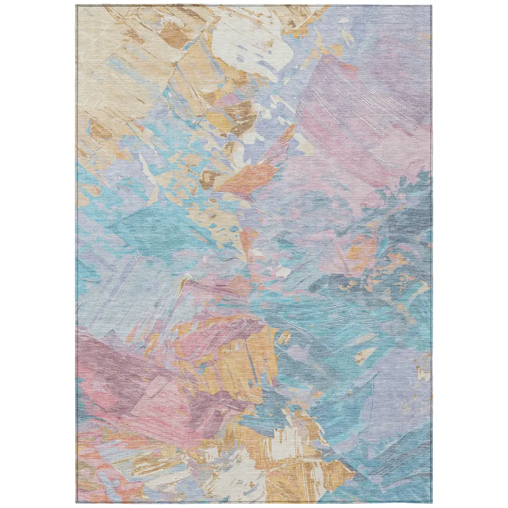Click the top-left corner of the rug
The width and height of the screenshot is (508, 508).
coord(77,6)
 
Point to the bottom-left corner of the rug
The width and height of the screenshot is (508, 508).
coord(77,502)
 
